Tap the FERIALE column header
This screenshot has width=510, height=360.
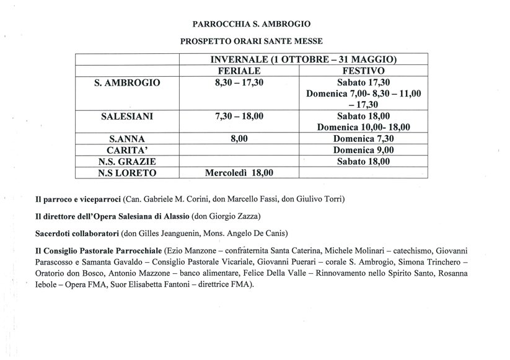(x=239, y=71)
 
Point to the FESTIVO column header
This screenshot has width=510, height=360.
(x=361, y=71)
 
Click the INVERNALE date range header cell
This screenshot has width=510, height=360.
(x=300, y=59)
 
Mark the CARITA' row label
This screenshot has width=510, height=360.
(x=126, y=151)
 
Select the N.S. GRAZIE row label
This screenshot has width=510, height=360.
(x=126, y=162)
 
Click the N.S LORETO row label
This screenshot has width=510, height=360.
(x=126, y=173)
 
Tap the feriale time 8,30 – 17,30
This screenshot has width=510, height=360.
(x=239, y=82)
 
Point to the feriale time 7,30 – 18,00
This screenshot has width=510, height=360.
(x=239, y=116)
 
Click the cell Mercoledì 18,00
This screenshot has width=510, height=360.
(x=239, y=173)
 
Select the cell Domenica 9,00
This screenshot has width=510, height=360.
(x=363, y=151)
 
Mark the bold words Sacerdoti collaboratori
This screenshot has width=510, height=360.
(x=80, y=233)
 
